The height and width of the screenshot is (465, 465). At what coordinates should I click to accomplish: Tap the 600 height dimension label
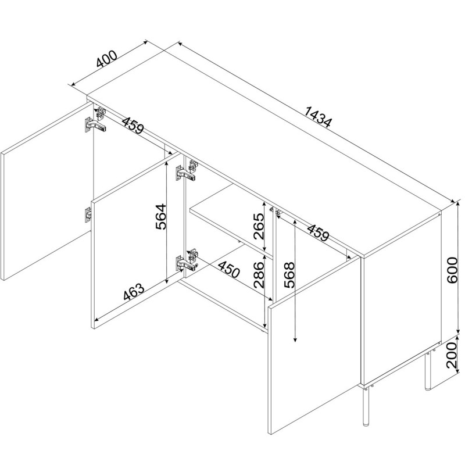pos(452,270)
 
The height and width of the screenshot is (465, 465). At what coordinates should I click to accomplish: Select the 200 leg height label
pos(452,355)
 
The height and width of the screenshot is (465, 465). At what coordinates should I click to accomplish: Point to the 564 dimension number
pos(161,216)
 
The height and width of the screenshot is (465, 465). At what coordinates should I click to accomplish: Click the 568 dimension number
pos(289,275)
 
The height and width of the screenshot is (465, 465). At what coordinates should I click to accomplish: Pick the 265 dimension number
pos(259,226)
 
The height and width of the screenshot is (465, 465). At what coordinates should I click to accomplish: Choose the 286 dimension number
pos(259,274)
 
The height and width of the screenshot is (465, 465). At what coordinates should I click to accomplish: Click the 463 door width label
pos(134,292)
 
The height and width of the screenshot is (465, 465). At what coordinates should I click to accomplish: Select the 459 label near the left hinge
pos(133,125)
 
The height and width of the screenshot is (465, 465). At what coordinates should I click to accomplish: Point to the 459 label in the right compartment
pos(318,233)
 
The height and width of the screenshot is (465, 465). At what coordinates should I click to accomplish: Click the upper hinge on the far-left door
pos(95,121)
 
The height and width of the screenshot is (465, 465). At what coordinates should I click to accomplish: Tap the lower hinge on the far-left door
pos(88,214)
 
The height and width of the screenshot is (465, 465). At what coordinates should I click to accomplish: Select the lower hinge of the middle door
pos(187,260)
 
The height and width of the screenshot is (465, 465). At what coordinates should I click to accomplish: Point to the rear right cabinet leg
pos(428,371)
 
